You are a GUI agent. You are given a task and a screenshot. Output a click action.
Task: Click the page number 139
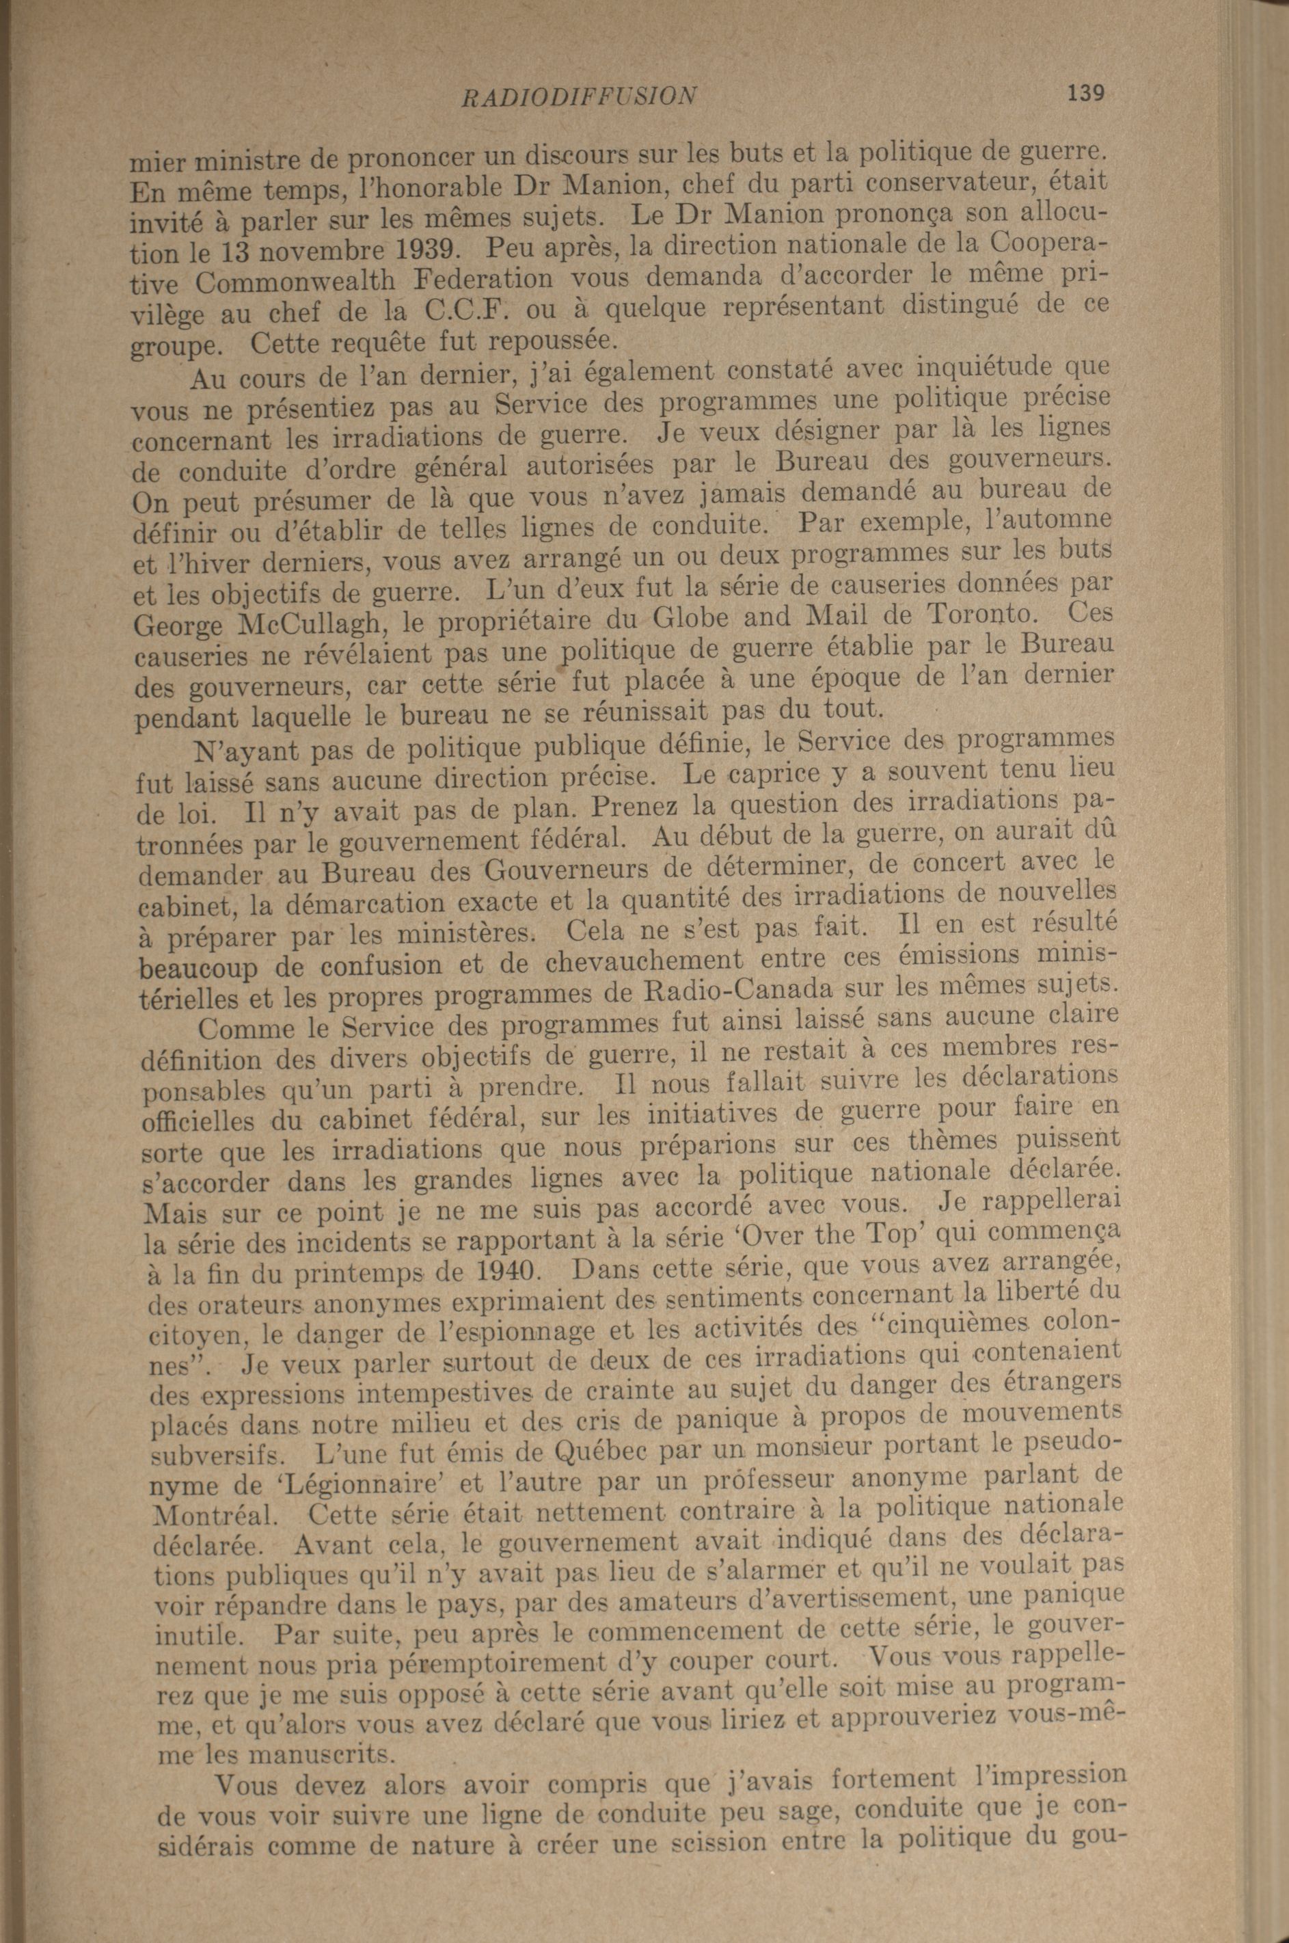point(1085,94)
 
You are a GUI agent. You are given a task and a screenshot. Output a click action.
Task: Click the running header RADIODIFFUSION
point(580,97)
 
